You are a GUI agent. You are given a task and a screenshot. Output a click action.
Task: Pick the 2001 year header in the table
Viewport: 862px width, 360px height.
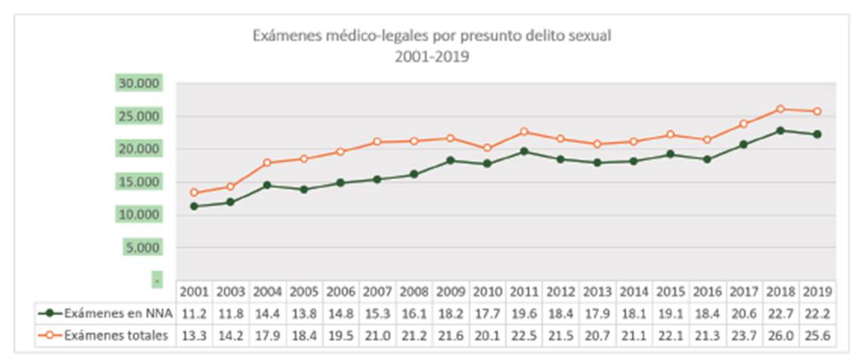pyautogui.click(x=194, y=291)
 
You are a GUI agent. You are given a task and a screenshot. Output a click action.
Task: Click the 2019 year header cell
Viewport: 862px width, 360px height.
pyautogui.click(x=817, y=291)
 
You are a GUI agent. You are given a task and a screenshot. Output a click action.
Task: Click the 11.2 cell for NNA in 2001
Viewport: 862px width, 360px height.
pyautogui.click(x=194, y=312)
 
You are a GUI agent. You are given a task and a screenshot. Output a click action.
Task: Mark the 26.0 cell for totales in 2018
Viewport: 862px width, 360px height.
pyautogui.click(x=781, y=335)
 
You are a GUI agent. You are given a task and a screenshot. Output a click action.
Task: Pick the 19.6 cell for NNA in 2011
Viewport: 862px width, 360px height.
pyautogui.click(x=524, y=312)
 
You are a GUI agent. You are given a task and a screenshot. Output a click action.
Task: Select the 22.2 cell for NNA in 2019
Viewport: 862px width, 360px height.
pyautogui.click(x=817, y=312)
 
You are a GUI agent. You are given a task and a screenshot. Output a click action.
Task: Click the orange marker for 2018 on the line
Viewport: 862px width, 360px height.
pyautogui.click(x=781, y=109)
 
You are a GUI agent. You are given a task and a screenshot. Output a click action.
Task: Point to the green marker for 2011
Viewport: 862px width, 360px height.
pyautogui.click(x=524, y=151)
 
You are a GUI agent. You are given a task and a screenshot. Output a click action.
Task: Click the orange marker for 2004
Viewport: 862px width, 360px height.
pyautogui.click(x=267, y=163)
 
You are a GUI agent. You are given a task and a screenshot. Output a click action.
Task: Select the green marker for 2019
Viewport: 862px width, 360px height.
pyautogui.click(x=817, y=135)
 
